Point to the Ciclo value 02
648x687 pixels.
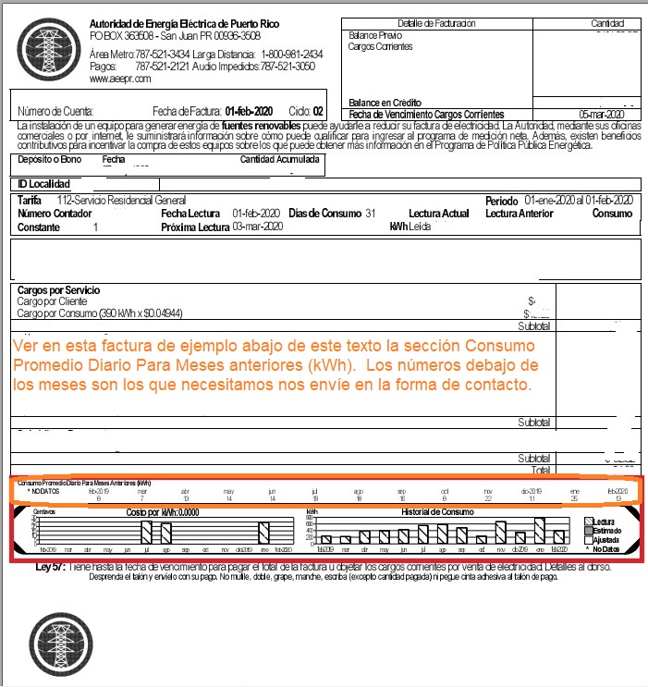point(319,109)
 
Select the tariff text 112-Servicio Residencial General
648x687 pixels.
point(121,200)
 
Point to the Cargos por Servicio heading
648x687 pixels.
point(59,289)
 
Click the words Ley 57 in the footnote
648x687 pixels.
point(49,565)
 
